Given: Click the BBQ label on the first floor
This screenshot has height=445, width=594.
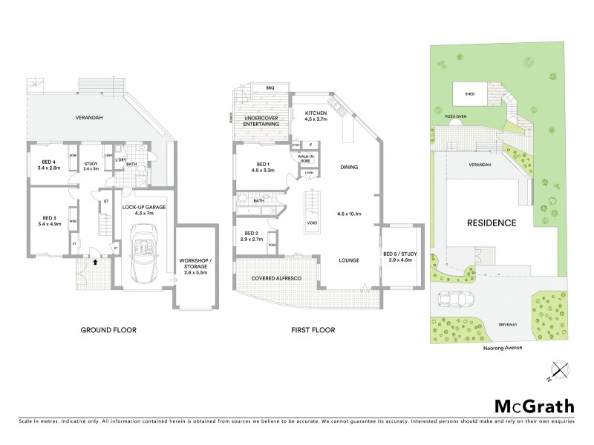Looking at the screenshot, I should [270, 88].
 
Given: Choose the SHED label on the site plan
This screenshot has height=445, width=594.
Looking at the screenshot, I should [469, 93].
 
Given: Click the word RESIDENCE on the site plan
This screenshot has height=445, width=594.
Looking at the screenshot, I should [490, 222].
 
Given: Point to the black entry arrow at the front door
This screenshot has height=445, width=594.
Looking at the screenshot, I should [96, 260].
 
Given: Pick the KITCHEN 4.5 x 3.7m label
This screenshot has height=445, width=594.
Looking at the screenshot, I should [320, 116].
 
